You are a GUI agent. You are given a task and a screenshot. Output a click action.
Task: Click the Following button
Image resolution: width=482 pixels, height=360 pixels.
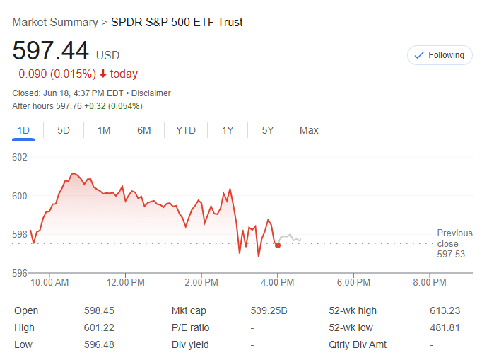coord(439,55)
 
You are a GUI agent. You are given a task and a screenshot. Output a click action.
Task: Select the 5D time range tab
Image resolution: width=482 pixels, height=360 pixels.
coord(64,130)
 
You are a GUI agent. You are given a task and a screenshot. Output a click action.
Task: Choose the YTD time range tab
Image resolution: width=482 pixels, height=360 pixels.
coord(186,130)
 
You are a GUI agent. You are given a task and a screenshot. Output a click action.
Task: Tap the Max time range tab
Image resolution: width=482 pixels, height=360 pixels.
coord(309,130)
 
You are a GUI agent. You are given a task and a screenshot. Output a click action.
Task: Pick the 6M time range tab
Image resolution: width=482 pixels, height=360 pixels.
coord(144,130)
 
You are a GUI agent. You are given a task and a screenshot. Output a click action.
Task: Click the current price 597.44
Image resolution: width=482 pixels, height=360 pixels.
coord(51,52)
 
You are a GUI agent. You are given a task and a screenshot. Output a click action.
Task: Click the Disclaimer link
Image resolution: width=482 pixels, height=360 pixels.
coord(151,93)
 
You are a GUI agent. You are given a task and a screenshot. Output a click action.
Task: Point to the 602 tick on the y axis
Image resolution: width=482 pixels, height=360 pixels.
coord(20,157)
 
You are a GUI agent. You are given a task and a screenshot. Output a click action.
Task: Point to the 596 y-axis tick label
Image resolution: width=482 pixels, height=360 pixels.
coord(20,273)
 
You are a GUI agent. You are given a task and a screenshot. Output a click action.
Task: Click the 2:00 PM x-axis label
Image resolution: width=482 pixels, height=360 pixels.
coord(201,282)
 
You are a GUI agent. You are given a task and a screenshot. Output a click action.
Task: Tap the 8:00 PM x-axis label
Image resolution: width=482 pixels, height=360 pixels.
coord(430,282)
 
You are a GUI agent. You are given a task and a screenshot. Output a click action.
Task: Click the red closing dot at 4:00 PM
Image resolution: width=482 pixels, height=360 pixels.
coord(278,245)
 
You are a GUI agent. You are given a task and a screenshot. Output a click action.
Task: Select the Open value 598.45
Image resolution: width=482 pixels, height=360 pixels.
coord(99,310)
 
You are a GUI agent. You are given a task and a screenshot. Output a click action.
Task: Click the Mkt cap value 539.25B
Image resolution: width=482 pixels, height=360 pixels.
coord(269,310)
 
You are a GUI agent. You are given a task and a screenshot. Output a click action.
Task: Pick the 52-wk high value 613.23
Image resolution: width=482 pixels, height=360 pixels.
coord(445,310)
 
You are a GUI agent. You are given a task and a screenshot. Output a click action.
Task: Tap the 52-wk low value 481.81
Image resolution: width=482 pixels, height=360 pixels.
coord(445,327)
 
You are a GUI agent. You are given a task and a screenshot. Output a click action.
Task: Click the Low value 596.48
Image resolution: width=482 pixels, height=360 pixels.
coord(99,344)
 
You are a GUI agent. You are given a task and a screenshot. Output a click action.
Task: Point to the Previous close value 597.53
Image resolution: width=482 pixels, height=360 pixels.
coord(451,254)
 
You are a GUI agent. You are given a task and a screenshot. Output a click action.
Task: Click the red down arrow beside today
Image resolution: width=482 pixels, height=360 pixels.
coord(103,74)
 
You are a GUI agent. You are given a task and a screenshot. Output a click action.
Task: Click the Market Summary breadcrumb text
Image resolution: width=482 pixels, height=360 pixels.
coord(55,23)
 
